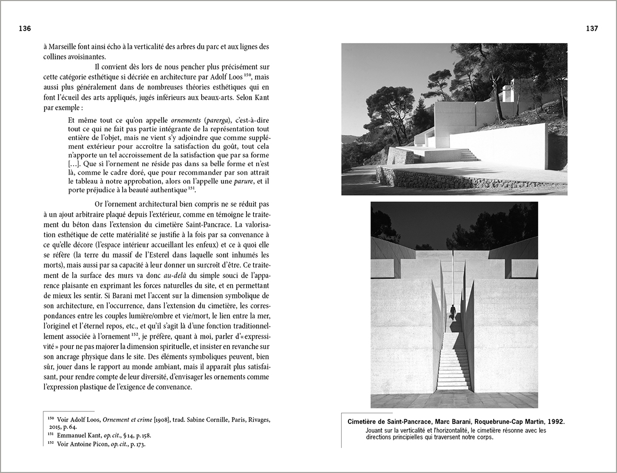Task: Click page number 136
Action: pos(25,29)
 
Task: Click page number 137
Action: pos(592,29)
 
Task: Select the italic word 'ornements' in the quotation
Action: pos(187,119)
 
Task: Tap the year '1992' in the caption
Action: pos(554,421)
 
